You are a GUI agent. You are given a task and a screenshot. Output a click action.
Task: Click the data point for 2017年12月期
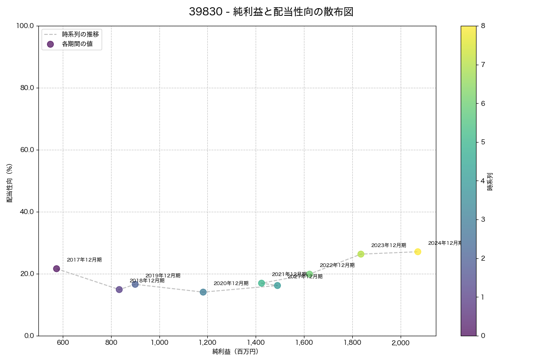coord(56,269)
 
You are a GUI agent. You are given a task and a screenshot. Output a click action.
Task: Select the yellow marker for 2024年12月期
coord(418,252)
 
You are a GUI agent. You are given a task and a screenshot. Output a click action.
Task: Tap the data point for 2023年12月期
coord(361,254)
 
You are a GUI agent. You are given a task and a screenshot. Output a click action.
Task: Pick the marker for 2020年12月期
coord(203,292)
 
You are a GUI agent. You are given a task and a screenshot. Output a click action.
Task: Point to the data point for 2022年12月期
coord(309,274)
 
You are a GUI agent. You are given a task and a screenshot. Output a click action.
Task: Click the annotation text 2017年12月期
coord(84,260)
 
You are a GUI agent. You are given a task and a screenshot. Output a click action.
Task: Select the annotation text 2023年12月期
coord(388,246)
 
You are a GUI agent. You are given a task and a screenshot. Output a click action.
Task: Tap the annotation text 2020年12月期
coord(231,284)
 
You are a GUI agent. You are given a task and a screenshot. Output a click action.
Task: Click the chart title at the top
coord(271,12)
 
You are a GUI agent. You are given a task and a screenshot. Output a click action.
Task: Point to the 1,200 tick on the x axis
coord(207,343)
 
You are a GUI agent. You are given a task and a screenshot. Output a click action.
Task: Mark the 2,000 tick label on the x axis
coord(401,343)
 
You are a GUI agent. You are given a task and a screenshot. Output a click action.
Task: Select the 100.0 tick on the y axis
coord(25,26)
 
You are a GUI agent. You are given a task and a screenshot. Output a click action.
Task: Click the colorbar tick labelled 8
coord(483,26)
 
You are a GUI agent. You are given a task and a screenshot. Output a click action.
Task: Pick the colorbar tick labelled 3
coord(483,219)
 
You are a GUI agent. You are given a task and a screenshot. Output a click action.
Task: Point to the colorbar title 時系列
coord(490,181)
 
